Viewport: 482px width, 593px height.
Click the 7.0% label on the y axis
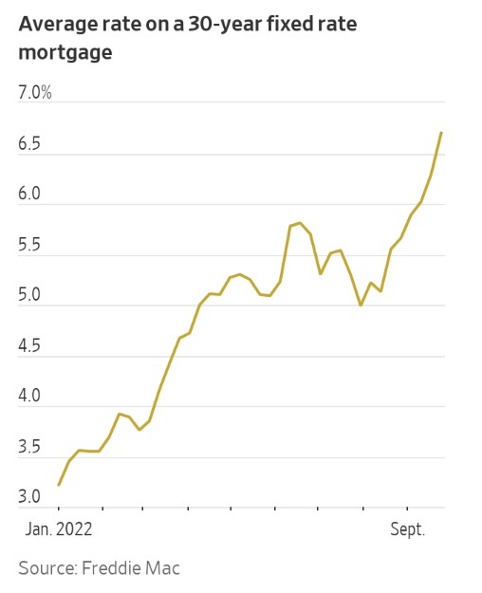(35, 93)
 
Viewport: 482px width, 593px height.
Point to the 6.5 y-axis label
(30, 144)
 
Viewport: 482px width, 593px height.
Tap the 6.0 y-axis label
(30, 195)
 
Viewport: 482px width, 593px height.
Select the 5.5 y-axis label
(30, 246)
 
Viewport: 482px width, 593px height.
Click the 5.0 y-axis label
(30, 296)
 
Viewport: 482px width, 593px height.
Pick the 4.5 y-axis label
(30, 346)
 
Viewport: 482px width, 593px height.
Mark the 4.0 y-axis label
(30, 397)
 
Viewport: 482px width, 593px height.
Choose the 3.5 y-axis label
(30, 448)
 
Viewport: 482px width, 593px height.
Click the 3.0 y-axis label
(30, 498)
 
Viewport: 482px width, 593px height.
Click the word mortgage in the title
(65, 53)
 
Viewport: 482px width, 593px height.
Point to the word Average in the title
(55, 24)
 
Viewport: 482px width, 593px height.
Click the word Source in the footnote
(46, 568)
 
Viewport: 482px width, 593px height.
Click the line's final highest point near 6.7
(441, 133)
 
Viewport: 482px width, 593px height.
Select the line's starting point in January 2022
(59, 485)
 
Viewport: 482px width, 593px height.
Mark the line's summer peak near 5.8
(300, 223)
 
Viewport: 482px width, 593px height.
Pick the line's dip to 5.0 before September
(361, 305)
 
